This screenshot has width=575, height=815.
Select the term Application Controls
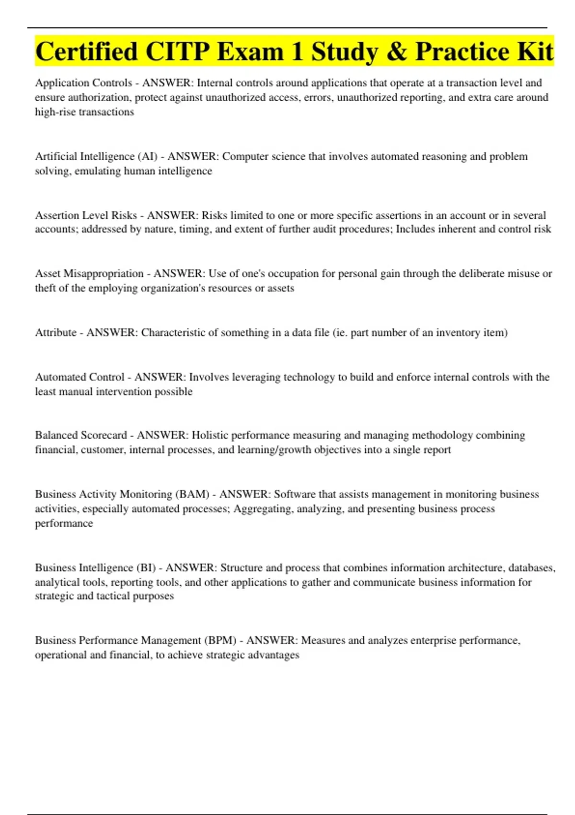pyautogui.click(x=83, y=83)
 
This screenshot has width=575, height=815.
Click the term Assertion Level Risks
pyautogui.click(x=86, y=215)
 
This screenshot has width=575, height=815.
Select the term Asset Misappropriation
pyautogui.click(x=89, y=274)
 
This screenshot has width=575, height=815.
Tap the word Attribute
pyautogui.click(x=56, y=333)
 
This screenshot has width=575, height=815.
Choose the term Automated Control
pyautogui.click(x=80, y=377)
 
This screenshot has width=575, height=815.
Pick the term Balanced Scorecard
pyautogui.click(x=81, y=435)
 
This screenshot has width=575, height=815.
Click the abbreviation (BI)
pyautogui.click(x=146, y=568)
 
